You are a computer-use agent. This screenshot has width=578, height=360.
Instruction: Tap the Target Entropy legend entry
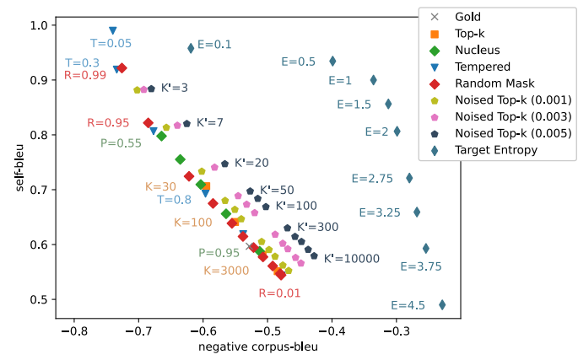click(x=496, y=150)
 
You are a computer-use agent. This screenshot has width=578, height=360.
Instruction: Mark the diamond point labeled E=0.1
click(x=191, y=48)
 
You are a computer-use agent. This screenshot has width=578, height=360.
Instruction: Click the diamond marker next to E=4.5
click(x=442, y=305)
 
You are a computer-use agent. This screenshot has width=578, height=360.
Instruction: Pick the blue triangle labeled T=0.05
click(x=112, y=30)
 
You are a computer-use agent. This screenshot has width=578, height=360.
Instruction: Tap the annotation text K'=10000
click(x=351, y=259)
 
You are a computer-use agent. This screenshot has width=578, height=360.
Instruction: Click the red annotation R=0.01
click(x=279, y=293)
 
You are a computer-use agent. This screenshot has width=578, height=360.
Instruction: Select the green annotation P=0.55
click(x=121, y=143)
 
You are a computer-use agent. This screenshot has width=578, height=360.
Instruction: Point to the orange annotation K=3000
click(x=226, y=271)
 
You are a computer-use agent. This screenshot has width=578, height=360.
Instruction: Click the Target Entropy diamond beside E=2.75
click(x=409, y=178)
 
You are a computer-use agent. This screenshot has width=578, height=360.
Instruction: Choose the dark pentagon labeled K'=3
click(x=151, y=88)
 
